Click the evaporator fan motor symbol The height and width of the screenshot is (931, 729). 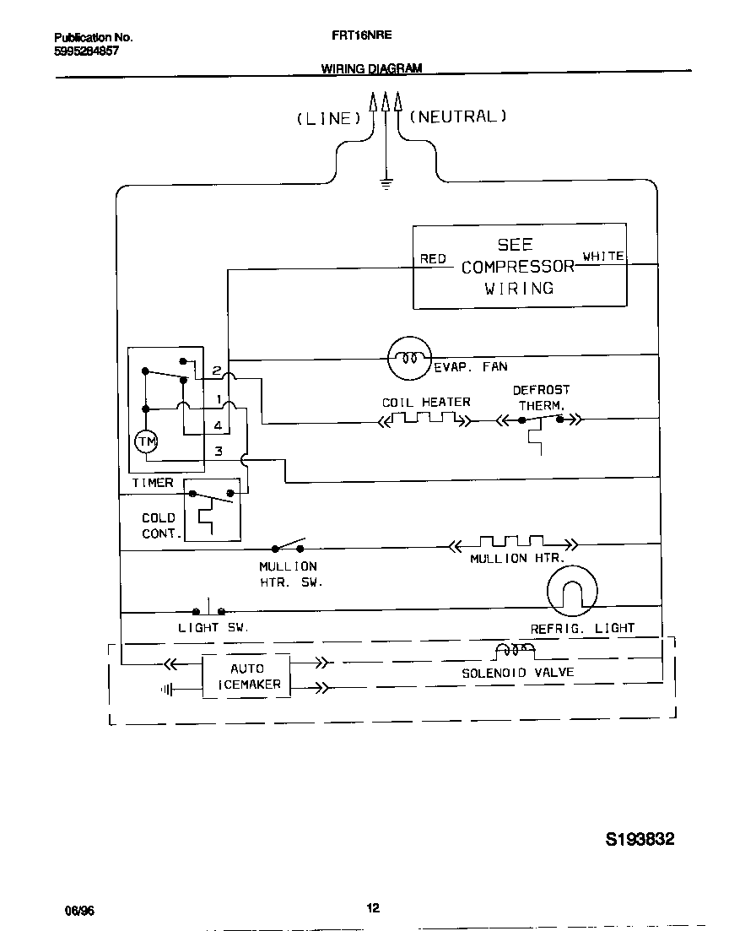(x=409, y=358)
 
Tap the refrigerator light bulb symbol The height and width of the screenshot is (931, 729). (x=571, y=590)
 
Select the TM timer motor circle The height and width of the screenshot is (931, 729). (x=146, y=441)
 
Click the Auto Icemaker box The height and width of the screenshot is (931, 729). (x=246, y=676)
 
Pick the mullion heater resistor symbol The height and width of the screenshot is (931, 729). (x=511, y=542)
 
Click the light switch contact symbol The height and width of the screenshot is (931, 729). (x=209, y=609)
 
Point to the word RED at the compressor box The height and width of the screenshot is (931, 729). (x=433, y=259)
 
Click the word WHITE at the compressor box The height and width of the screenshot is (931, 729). (x=603, y=256)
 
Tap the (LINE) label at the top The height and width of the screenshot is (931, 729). (x=328, y=119)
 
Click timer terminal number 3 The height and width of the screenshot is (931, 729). (x=218, y=452)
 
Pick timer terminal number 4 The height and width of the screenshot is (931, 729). (x=218, y=425)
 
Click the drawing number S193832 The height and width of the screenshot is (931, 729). (x=640, y=840)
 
